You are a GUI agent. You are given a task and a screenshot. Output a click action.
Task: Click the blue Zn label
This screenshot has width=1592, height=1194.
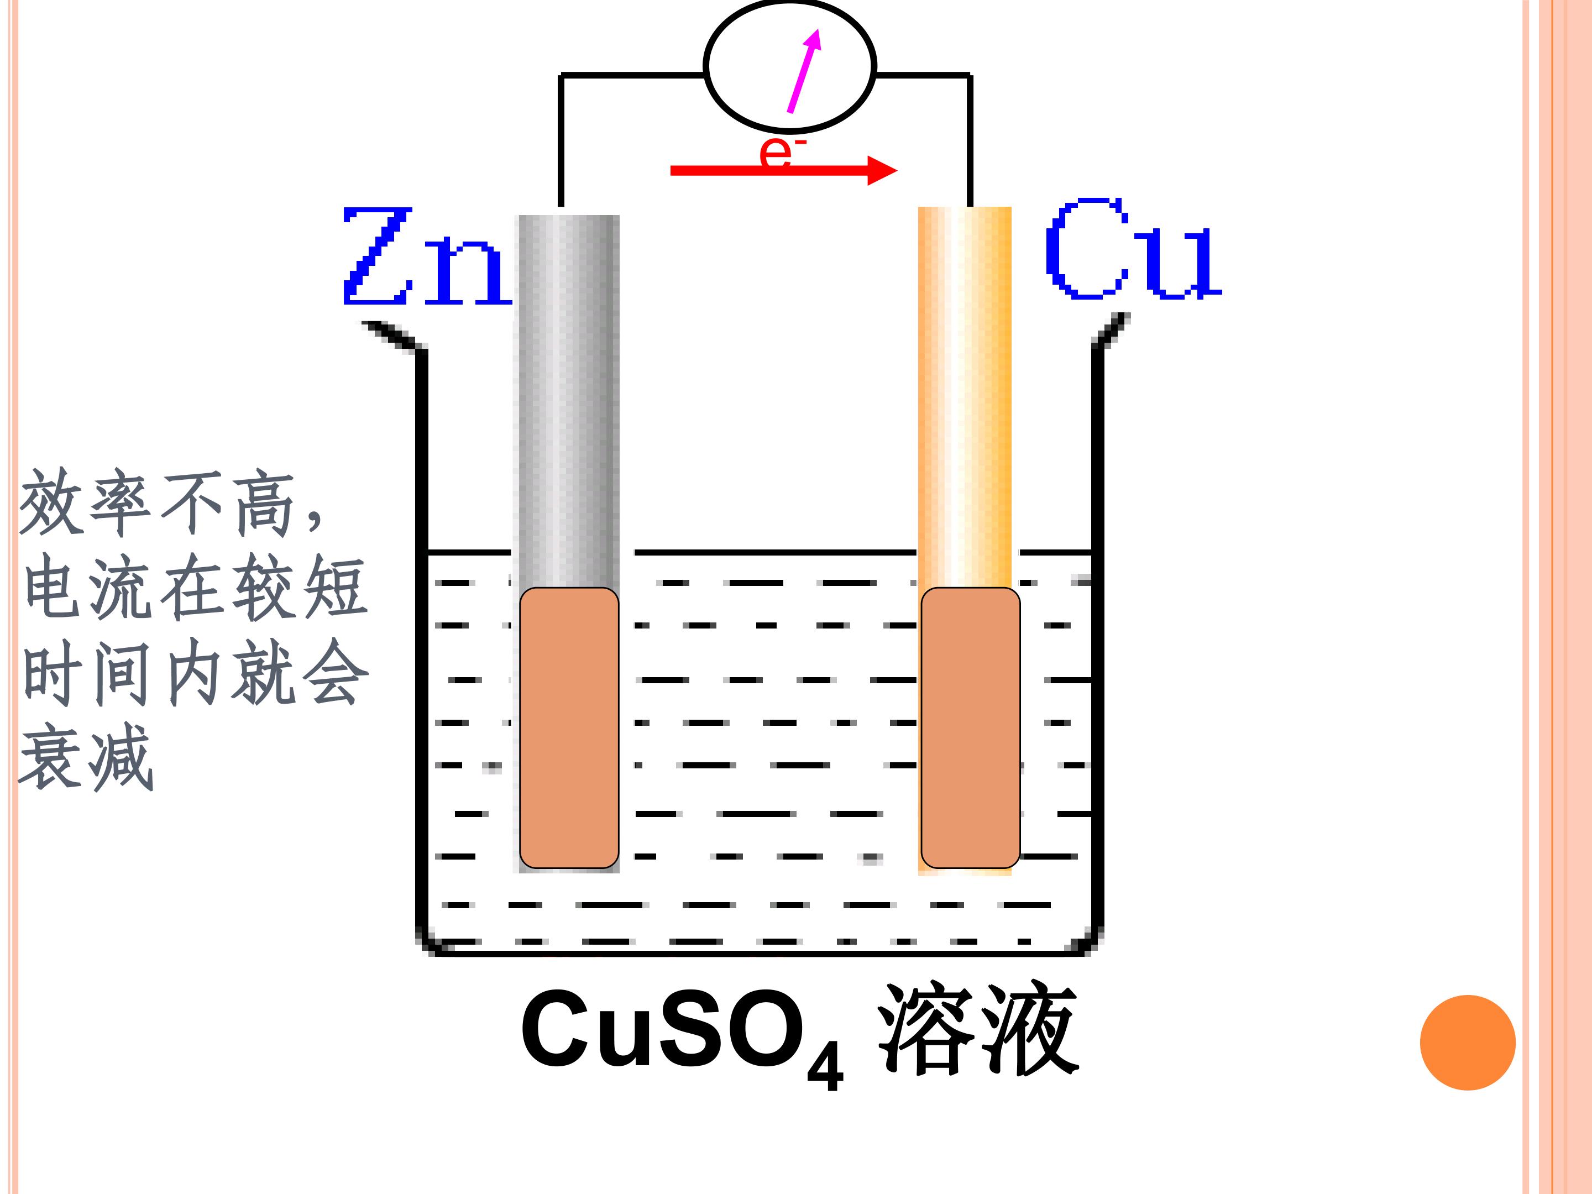tap(427, 256)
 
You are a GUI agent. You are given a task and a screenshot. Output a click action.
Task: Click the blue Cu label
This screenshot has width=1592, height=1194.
tap(1134, 248)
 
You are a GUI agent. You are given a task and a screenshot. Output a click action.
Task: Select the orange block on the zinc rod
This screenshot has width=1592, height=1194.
tap(569, 727)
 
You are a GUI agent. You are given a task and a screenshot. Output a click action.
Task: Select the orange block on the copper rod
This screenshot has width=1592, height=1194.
tap(970, 727)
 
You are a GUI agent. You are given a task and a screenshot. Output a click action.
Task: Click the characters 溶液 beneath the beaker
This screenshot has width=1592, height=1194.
tap(978, 1029)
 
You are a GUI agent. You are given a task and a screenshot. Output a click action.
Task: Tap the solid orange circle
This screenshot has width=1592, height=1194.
tap(1468, 1042)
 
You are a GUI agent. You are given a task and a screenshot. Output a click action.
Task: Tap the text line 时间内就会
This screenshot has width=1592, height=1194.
tap(196, 672)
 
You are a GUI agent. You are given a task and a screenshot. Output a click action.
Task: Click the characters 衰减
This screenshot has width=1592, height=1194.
tap(86, 757)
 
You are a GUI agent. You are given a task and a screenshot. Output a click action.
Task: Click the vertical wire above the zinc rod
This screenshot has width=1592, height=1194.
tap(561, 140)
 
